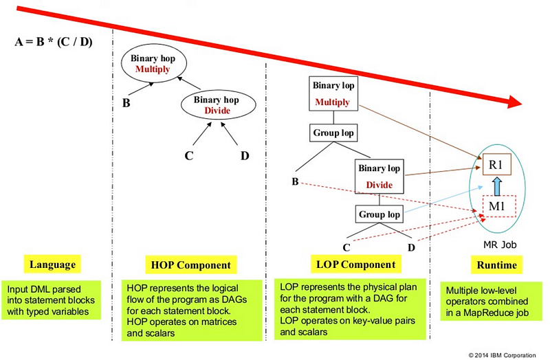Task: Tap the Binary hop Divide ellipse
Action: [217, 105]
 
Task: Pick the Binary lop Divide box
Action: [378, 176]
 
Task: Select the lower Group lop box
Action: [378, 214]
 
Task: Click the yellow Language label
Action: [52, 264]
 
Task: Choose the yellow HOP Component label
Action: [190, 265]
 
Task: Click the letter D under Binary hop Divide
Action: [244, 155]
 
